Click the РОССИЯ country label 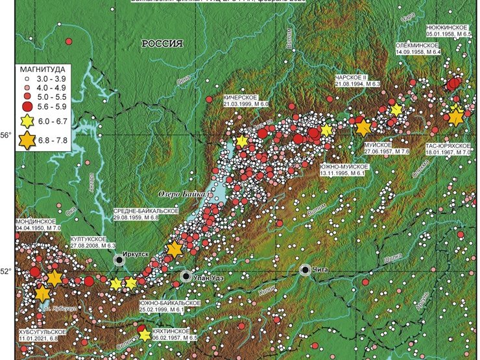163,43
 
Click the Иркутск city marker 119,259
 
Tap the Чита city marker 305,269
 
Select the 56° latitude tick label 6,135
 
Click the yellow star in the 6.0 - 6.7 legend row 28,121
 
